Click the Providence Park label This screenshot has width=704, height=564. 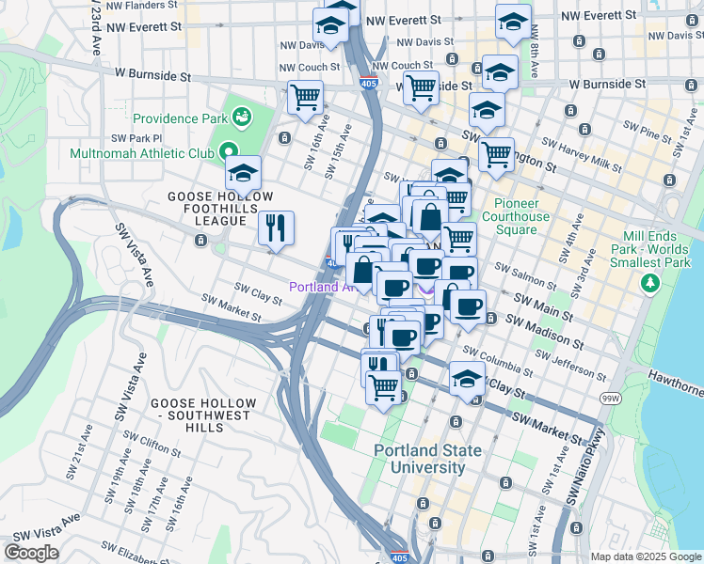(x=179, y=118)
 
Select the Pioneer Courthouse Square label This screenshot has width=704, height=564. (x=516, y=210)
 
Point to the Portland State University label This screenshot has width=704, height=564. (x=427, y=459)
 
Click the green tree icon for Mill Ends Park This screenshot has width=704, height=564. (x=649, y=282)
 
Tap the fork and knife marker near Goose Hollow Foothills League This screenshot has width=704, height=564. (x=276, y=227)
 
